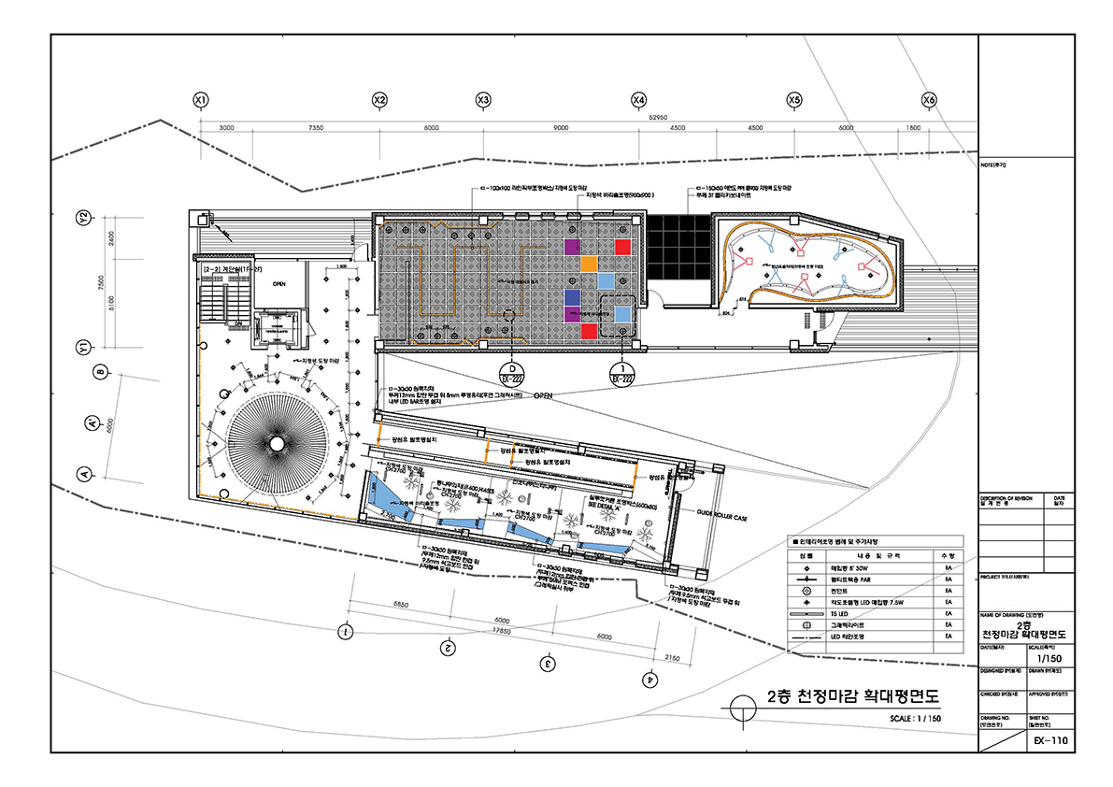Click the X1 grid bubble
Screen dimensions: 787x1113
point(199,99)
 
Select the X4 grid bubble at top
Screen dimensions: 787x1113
point(638,99)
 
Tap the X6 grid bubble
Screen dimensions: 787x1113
point(928,99)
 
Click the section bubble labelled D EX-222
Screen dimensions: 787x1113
point(510,375)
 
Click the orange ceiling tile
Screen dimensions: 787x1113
point(589,264)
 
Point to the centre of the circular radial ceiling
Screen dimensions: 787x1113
point(278,445)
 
